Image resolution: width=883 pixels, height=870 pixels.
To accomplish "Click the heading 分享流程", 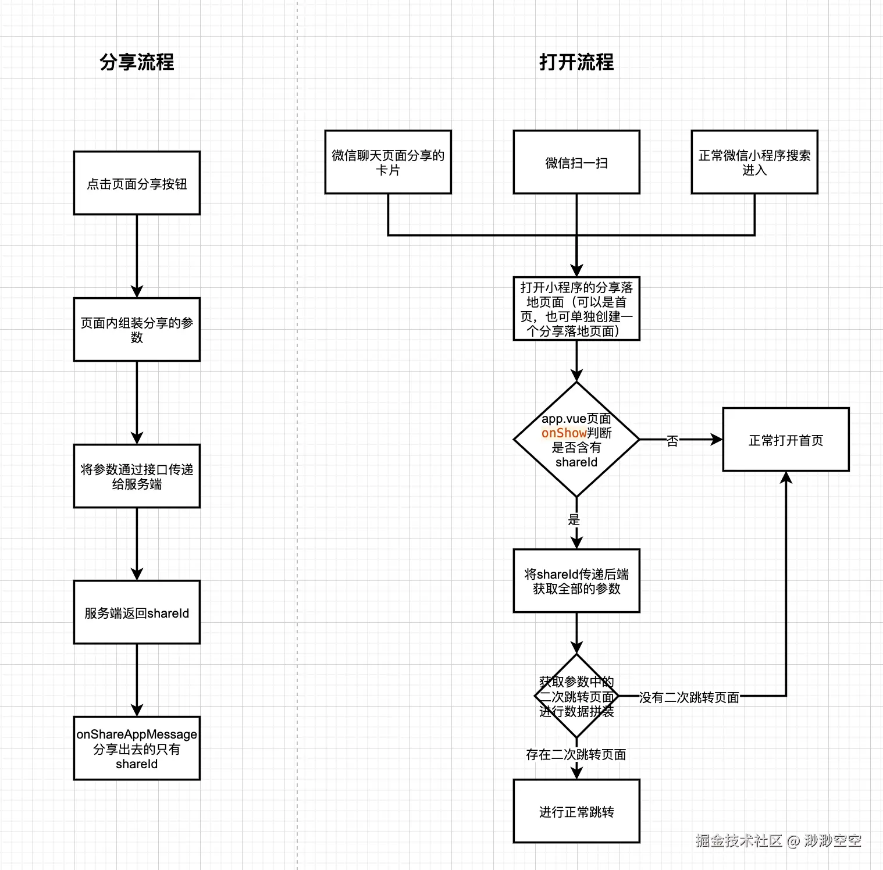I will (x=137, y=62).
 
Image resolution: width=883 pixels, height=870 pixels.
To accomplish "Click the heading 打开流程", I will (x=576, y=62).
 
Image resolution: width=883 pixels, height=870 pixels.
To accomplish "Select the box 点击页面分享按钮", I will (x=137, y=183).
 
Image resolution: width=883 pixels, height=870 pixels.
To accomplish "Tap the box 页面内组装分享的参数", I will (x=137, y=330).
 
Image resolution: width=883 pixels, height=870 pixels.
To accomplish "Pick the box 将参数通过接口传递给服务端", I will (x=137, y=476).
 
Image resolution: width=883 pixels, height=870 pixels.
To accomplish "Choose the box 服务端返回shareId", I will (x=137, y=612).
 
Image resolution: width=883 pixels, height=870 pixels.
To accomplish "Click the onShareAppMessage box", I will (x=137, y=748).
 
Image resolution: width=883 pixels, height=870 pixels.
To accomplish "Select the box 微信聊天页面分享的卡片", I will (x=388, y=162).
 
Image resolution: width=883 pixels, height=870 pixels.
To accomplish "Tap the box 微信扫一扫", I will (x=576, y=162).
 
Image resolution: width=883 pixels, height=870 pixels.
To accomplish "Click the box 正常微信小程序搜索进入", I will (x=754, y=162).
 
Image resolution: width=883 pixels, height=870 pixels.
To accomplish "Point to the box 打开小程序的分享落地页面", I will (x=576, y=309).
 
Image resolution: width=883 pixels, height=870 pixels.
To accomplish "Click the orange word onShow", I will (x=564, y=433).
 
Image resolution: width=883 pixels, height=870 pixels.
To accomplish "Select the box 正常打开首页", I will (x=786, y=440).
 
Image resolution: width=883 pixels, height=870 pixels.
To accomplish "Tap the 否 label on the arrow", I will (x=672, y=441).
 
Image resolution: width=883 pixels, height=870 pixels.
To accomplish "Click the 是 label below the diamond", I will (x=574, y=520).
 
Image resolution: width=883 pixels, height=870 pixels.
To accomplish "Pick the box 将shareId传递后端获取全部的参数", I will (x=576, y=581).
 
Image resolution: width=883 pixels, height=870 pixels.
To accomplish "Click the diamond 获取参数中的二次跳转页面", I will (x=576, y=696).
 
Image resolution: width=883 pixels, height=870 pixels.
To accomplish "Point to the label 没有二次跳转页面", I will (x=689, y=697).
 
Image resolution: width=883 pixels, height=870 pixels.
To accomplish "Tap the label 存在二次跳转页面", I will (x=576, y=754).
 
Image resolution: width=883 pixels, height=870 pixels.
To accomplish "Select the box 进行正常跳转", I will (x=576, y=811).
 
